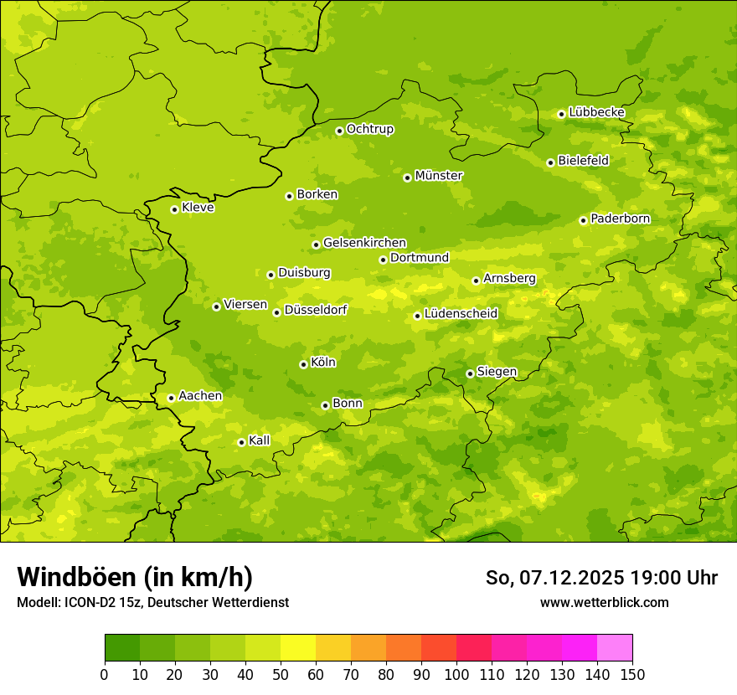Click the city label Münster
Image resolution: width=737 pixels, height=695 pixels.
coord(438,176)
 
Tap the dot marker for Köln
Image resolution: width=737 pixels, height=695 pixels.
coord(303,364)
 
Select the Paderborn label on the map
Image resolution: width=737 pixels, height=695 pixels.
coord(620,219)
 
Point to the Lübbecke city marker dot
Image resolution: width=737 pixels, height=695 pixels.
coord(561,114)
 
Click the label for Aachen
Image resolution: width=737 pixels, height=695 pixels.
coord(200,396)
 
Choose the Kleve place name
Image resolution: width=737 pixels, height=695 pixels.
coord(198,208)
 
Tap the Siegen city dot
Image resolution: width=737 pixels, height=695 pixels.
coord(470,373)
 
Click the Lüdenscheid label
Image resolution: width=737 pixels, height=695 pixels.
coord(461,314)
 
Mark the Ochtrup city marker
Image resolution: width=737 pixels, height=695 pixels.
coord(339,131)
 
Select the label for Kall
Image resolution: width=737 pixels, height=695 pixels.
coord(259,440)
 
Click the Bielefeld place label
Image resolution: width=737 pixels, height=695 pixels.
coord(583,161)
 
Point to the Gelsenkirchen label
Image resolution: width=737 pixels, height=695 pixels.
coord(364,243)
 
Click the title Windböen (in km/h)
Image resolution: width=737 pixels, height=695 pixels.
coord(135,577)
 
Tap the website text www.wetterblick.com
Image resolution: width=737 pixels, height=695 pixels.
coord(604,602)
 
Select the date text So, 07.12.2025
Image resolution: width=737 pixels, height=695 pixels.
coord(554,578)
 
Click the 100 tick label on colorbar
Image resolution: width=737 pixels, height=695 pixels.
coord(456,675)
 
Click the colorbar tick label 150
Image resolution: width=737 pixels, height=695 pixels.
coord(632,675)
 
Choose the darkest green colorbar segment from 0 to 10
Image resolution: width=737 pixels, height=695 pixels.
coord(122,648)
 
